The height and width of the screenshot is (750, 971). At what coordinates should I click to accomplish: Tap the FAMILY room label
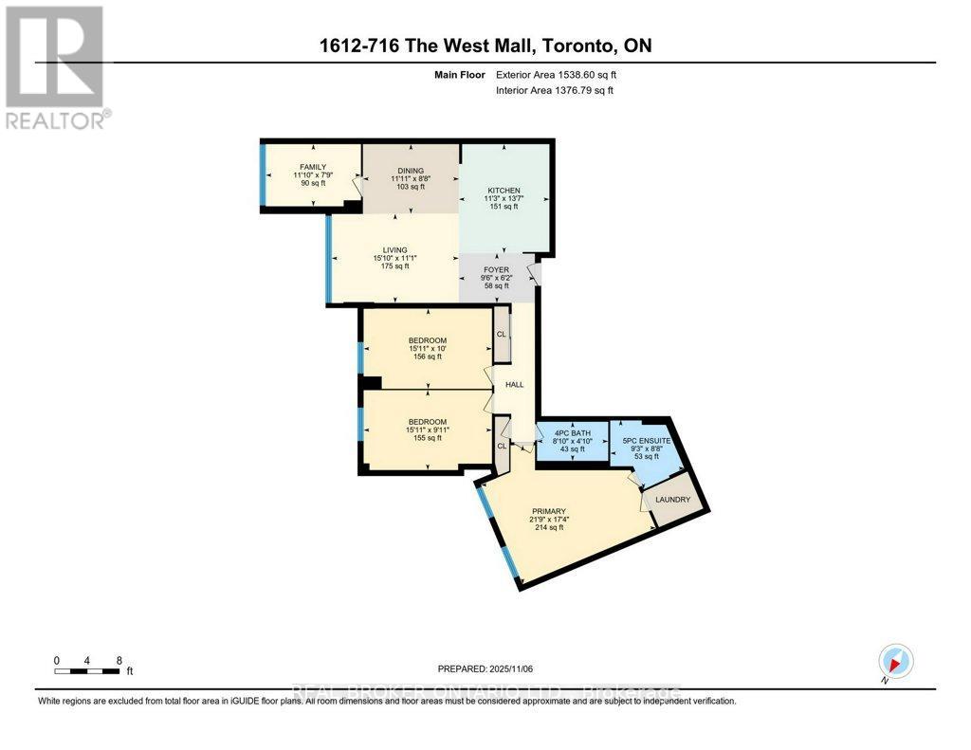[285, 167]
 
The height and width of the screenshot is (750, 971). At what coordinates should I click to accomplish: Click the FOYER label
[496, 270]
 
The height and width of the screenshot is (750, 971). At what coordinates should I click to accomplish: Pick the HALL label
[514, 384]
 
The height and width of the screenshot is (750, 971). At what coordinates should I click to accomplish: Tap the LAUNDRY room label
[675, 500]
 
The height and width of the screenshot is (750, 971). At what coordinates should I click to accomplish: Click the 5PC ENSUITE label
[649, 440]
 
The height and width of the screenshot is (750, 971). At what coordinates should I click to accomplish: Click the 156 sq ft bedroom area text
[427, 357]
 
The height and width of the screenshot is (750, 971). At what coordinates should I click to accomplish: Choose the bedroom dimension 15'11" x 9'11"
[427, 430]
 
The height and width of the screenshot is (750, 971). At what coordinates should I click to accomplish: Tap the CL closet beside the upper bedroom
[502, 334]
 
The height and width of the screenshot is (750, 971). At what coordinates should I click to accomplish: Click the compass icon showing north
[895, 661]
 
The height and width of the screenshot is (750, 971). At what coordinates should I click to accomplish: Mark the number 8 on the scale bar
[118, 660]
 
